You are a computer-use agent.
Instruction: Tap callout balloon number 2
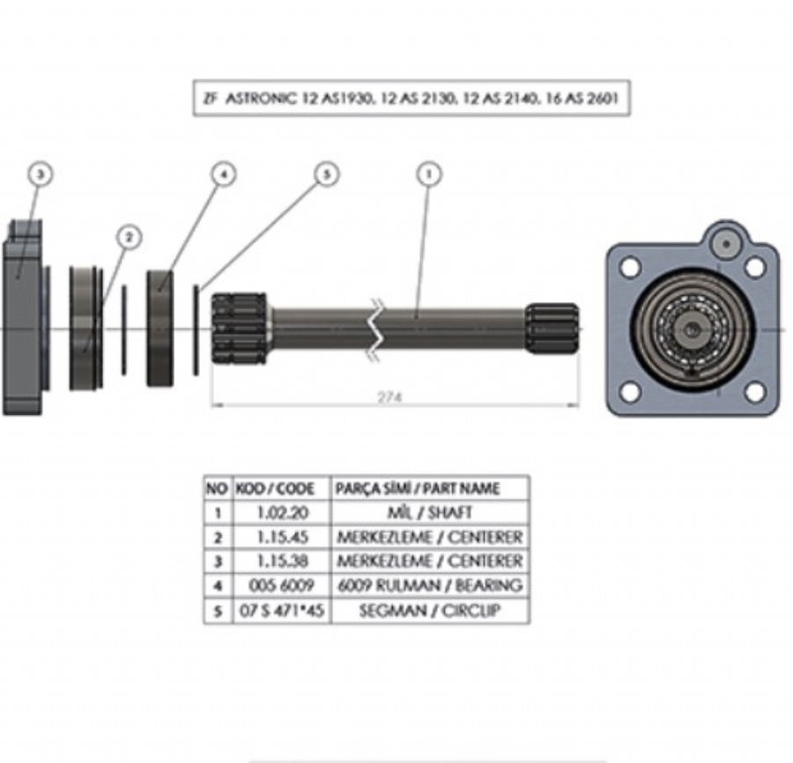click(x=129, y=237)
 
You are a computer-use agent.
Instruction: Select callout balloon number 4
click(x=224, y=174)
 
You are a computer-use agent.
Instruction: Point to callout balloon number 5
click(x=327, y=174)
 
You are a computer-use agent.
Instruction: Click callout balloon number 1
click(x=429, y=174)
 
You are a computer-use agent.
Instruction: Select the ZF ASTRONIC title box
click(x=411, y=100)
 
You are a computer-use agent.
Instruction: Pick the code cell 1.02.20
click(x=280, y=512)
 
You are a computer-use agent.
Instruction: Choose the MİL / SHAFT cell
click(x=429, y=512)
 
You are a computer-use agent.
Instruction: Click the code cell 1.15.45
click(x=280, y=537)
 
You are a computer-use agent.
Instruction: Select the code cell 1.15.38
click(x=280, y=560)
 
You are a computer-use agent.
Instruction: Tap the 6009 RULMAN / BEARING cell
click(x=429, y=585)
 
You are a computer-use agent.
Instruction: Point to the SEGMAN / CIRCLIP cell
click(x=429, y=610)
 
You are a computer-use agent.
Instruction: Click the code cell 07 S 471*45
click(x=280, y=610)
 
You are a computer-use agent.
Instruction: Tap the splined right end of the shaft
click(x=552, y=330)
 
